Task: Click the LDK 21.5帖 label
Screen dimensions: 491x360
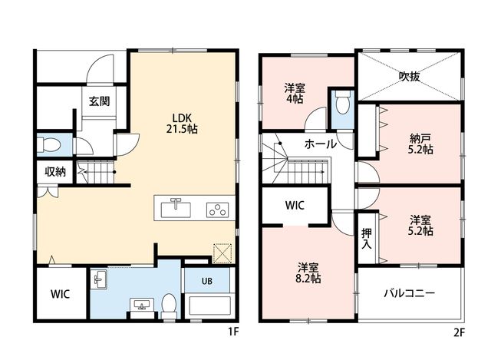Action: point(182,123)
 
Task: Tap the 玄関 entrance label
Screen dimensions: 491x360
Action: point(99,101)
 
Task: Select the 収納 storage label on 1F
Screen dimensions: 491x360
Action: point(55,171)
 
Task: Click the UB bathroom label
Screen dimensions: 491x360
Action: point(207,281)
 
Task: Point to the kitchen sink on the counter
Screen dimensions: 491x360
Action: point(176,208)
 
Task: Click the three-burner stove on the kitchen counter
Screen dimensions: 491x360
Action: point(217,210)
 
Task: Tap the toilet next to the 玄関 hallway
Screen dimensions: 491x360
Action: point(49,144)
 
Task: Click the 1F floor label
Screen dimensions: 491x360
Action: point(234,332)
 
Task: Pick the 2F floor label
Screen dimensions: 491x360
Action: point(459,332)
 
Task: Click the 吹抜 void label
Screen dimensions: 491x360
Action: point(409,76)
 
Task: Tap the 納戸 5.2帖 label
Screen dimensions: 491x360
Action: point(420,144)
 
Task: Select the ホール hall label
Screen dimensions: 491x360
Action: point(321,144)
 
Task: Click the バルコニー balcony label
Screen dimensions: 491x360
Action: point(409,293)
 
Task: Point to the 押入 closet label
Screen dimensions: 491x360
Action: point(367,239)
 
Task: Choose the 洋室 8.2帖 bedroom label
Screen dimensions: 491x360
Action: point(308,273)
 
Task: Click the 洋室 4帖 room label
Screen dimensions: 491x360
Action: point(295,94)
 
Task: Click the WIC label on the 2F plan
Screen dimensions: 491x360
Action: point(295,206)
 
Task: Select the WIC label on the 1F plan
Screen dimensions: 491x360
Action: point(60,294)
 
